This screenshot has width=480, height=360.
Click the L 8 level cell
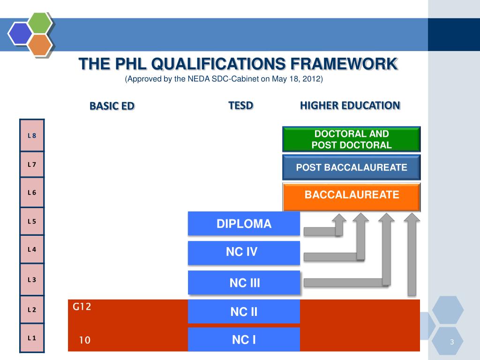(x=32, y=135)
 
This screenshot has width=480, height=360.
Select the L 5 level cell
(x=32, y=221)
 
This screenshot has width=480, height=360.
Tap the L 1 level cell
(x=32, y=337)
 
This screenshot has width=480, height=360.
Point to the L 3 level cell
(x=32, y=279)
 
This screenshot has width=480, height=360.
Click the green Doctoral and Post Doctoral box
(x=352, y=139)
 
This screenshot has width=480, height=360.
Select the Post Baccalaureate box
(x=352, y=167)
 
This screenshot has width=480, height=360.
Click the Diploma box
(x=244, y=224)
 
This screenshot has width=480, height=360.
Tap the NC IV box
(x=244, y=253)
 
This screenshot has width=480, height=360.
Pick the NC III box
(x=244, y=283)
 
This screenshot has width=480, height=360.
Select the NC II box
(x=244, y=312)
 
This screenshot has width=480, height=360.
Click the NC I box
(x=244, y=339)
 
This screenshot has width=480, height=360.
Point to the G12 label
(x=82, y=307)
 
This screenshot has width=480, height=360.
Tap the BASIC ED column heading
(x=112, y=106)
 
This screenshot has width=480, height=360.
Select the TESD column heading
(x=240, y=105)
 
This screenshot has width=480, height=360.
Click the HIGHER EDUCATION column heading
(x=350, y=105)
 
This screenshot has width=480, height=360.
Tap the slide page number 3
(x=452, y=342)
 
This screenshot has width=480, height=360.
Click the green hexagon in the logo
(x=39, y=22)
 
